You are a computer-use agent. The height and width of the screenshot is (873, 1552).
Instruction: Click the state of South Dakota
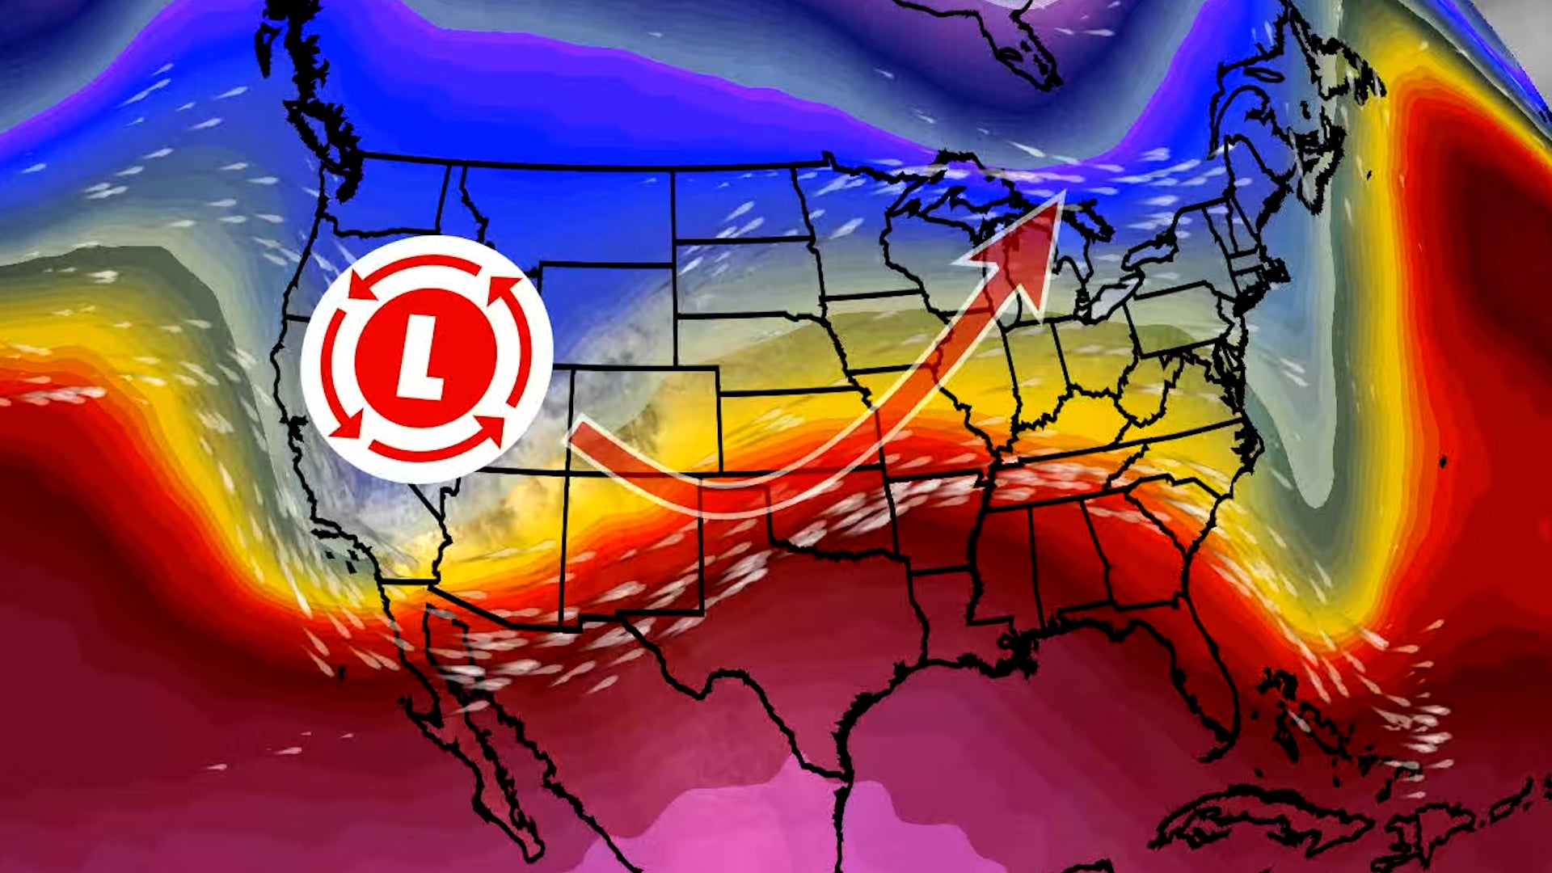tap(744, 275)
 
